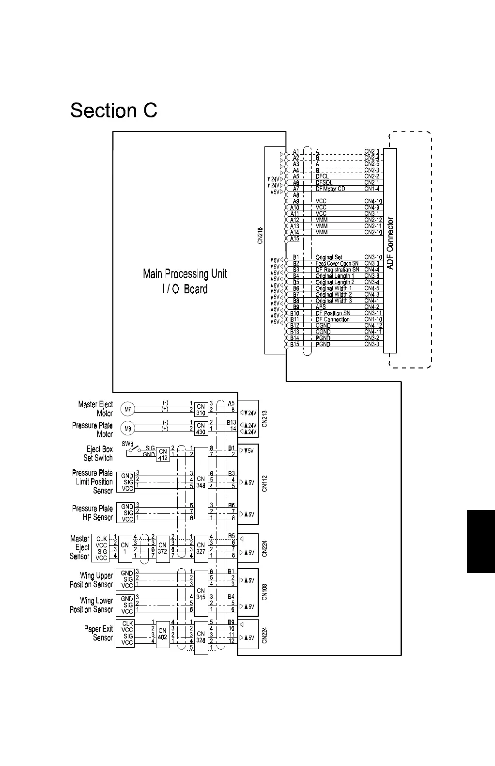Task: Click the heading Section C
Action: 114,111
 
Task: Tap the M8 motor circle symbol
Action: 127,429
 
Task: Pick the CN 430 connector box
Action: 201,429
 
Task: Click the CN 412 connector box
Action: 163,454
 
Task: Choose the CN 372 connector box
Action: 163,548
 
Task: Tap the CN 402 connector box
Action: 163,634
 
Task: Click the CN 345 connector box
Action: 201,593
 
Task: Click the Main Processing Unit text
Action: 185,274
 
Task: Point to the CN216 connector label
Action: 260,236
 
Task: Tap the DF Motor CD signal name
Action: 330,189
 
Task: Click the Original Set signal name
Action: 329,257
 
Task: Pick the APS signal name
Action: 321,307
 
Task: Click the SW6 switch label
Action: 127,443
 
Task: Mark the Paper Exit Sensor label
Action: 98,633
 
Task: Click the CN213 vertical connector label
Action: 264,418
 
